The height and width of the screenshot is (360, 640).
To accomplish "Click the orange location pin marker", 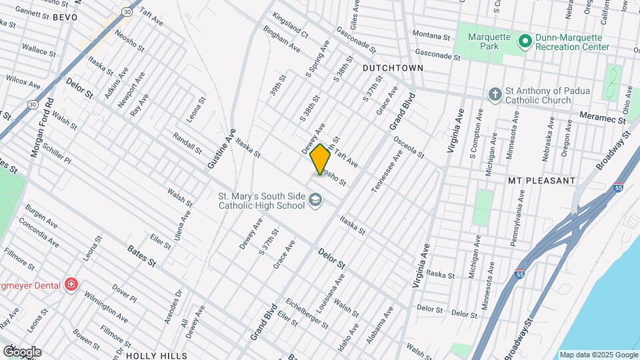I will tap(320, 159).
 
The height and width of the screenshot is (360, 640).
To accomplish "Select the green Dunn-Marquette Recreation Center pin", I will tap(525, 42).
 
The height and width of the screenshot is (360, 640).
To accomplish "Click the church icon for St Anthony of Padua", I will tap(495, 94).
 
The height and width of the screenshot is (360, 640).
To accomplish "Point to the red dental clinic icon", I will tap(71, 285).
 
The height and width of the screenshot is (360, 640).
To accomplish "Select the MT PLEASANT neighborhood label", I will tap(541, 181).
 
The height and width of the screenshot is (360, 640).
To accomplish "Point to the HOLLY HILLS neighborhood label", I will tap(156, 355).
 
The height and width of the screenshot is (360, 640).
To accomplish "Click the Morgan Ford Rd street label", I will tap(41, 129).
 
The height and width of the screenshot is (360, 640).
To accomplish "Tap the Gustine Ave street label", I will tap(221, 148).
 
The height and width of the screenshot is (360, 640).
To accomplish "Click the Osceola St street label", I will tap(409, 148).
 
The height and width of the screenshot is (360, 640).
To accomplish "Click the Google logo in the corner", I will tap(22, 351).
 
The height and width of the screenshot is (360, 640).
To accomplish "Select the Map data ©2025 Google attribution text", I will tap(597, 355).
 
